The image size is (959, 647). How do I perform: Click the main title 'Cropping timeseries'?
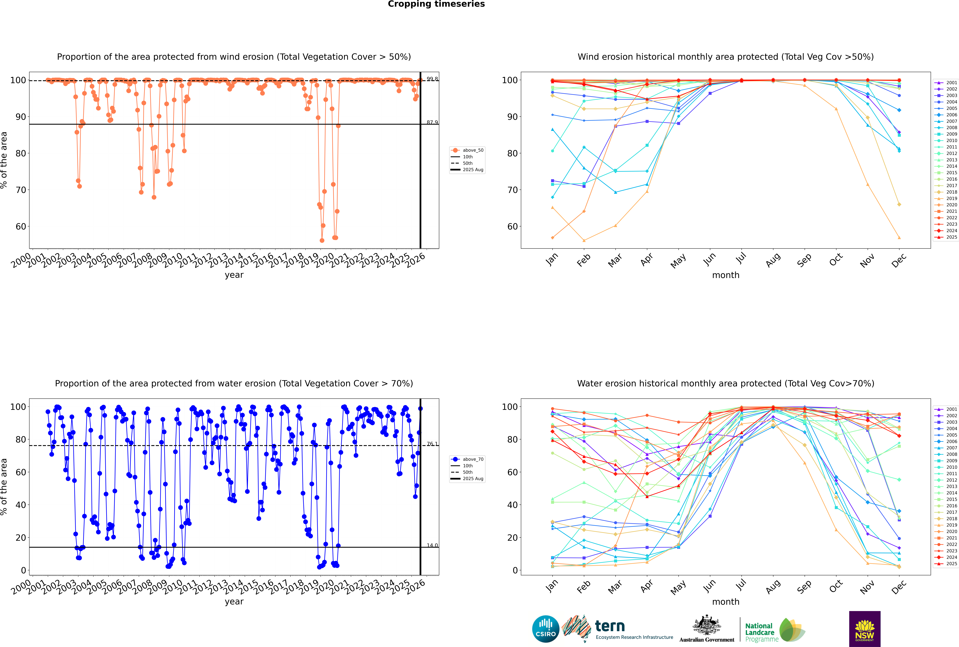pyautogui.click(x=436, y=4)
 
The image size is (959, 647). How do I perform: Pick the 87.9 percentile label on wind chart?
pyautogui.click(x=432, y=122)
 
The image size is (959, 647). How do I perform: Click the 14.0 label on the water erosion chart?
pyautogui.click(x=432, y=545)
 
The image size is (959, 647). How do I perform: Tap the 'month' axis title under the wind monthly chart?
pyautogui.click(x=726, y=275)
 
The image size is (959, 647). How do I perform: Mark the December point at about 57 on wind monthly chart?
pyautogui.click(x=899, y=238)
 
